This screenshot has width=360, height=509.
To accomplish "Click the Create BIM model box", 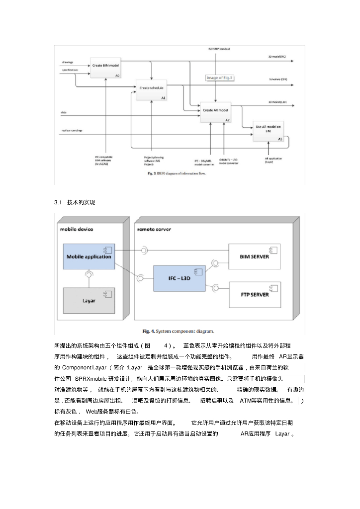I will tap(105, 68).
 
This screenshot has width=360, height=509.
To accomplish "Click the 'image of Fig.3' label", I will tap(219, 78).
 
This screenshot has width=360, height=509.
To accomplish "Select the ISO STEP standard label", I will tap(219, 49).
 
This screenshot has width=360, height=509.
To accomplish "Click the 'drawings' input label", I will tap(68, 63).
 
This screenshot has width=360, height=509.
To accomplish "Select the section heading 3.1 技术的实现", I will tap(74, 203).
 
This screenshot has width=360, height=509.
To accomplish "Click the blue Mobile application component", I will tap(89, 256).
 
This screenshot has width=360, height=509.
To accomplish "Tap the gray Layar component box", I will tap(89, 300).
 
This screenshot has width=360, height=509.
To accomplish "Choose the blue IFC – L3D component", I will tap(179, 278).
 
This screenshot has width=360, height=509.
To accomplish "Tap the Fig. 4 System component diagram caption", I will tap(179, 331).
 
